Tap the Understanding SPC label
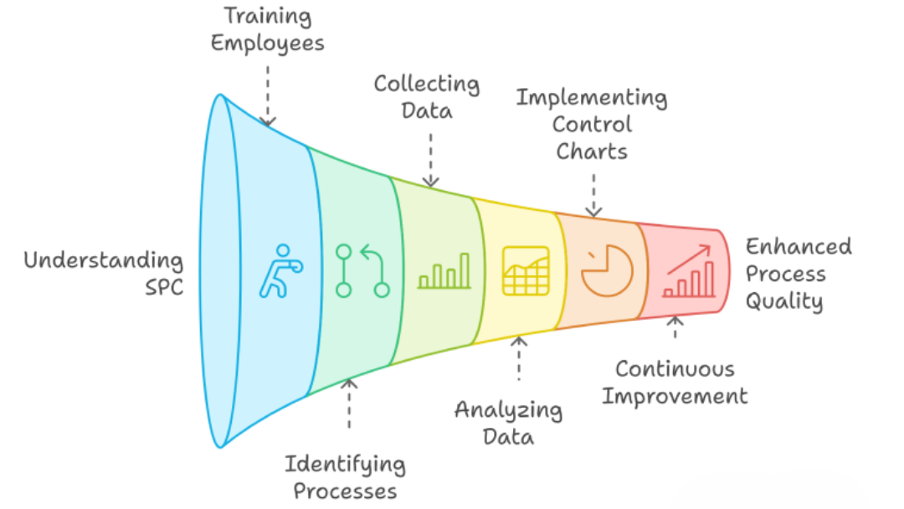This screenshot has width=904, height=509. point(104,273)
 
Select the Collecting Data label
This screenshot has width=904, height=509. point(427,97)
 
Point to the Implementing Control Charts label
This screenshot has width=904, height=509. point(592,124)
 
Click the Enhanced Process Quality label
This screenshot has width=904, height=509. point(799,274)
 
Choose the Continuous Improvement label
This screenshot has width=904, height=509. point(675,383)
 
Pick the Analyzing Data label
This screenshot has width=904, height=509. point(509,423)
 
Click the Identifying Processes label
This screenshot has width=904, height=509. point(345,477)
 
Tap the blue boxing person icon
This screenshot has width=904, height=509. point(280,271)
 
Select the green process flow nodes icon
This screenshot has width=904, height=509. point(362,271)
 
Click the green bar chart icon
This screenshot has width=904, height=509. point(444,270)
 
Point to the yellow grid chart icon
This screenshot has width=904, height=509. point(526,270)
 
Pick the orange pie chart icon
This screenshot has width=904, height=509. point(607,270)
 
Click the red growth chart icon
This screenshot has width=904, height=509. point(689,271)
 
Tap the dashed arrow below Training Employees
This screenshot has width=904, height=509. point(268,96)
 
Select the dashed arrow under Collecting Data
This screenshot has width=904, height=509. point(431,161)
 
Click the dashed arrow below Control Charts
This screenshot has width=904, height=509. point(593,196)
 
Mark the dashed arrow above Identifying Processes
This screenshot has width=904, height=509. point(349,403)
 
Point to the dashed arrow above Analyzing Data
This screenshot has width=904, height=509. point(519,358)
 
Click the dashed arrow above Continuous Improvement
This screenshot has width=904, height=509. point(675,326)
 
